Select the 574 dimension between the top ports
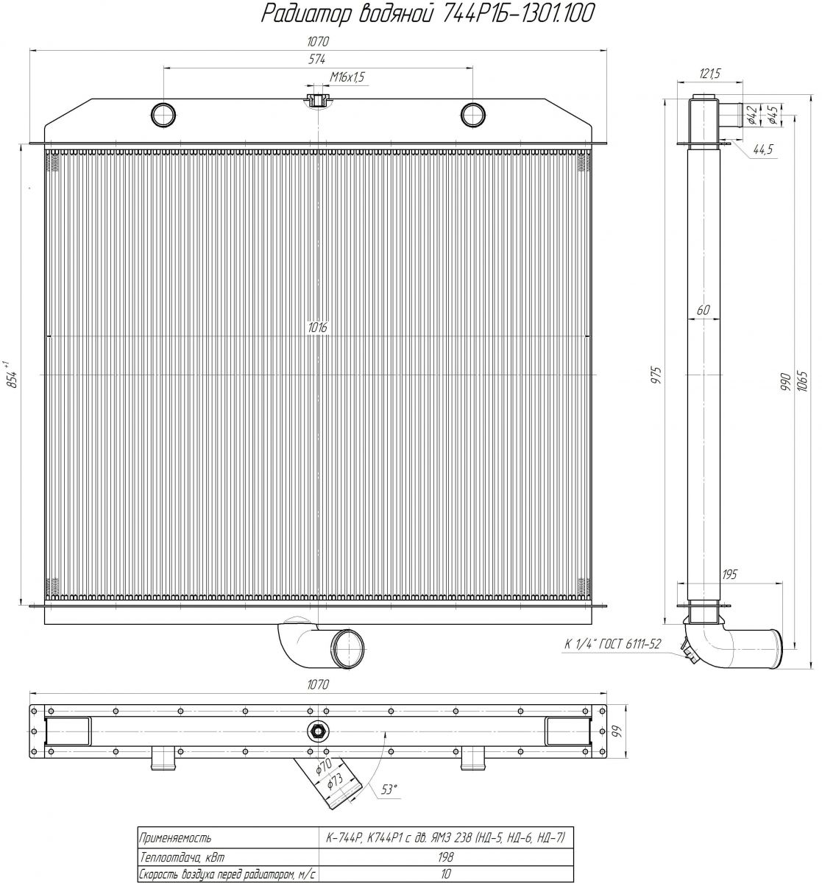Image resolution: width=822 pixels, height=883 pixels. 316,59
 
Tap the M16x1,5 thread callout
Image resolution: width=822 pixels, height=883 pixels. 347,77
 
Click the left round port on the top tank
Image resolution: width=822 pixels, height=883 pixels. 163,114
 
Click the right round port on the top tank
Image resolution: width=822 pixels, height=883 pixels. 472,114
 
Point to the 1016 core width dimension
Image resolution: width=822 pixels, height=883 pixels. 318,327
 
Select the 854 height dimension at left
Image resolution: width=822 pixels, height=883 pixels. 13,375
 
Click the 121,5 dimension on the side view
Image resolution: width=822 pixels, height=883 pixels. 709,74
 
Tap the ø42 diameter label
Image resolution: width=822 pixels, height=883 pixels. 752,115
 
